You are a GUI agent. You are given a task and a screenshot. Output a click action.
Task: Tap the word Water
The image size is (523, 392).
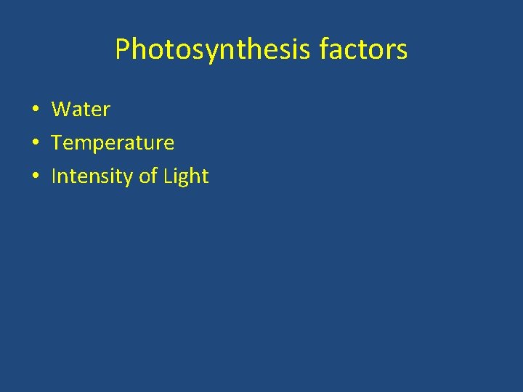(81, 110)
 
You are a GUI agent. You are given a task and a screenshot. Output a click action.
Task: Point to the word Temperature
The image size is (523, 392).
(113, 143)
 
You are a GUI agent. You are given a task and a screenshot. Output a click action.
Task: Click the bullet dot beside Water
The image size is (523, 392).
(35, 110)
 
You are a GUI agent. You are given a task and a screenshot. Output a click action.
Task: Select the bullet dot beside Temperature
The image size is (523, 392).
(35, 144)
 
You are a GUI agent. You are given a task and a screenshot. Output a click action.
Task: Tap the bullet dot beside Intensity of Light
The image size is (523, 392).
(35, 177)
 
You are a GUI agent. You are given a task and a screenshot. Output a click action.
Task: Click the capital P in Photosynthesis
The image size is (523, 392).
(123, 49)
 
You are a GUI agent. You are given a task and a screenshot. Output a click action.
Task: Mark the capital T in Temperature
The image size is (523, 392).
(57, 143)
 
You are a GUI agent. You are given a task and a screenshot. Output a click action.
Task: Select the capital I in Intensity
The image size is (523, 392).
(54, 176)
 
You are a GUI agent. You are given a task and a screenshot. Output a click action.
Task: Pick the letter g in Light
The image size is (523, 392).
(182, 179)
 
